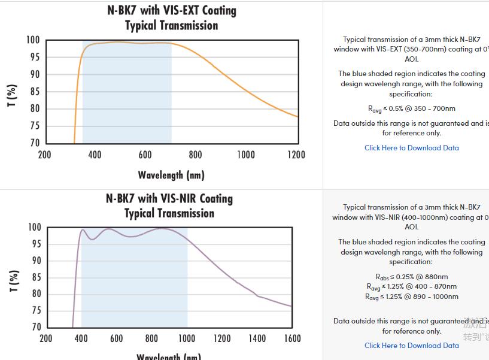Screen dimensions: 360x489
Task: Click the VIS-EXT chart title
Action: point(171,18)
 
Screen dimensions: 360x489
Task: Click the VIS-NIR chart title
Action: point(169,205)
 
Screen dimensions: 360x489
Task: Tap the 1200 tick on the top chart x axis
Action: point(296,155)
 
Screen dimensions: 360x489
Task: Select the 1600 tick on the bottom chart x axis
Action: point(292,338)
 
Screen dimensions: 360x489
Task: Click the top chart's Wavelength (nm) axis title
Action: point(171,175)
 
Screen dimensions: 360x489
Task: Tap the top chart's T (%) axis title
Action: point(11,96)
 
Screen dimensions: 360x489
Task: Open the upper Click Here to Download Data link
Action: point(412,147)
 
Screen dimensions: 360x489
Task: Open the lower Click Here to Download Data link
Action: point(412,345)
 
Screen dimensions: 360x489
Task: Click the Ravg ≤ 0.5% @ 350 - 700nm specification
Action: point(412,108)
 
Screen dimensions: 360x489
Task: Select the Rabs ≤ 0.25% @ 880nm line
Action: point(412,277)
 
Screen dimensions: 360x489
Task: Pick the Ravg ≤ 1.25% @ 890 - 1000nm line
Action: point(412,297)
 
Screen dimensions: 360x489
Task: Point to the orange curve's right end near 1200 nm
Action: point(297,116)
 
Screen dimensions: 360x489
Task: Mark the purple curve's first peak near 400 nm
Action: point(83,229)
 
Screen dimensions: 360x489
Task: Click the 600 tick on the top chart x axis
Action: point(145,155)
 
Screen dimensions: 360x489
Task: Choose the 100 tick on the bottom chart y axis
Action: point(35,228)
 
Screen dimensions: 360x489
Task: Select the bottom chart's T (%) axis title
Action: point(11,280)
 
